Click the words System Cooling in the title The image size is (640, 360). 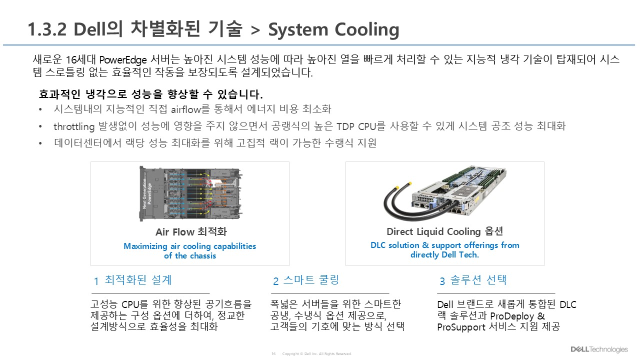coord(333,30)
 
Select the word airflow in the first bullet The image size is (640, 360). coord(185,109)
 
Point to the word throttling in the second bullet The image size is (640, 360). coord(74,126)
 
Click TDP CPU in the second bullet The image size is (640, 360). coord(356,126)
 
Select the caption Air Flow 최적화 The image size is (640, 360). coord(191,232)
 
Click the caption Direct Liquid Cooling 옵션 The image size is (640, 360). coord(444,231)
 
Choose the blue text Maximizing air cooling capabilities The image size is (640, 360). coord(189,246)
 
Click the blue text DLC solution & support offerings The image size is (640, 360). coord(444,245)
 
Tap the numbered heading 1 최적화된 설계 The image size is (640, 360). coord(133,280)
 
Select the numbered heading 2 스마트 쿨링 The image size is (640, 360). coord(306,280)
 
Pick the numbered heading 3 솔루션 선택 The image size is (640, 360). coord(473,280)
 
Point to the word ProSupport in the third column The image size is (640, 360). coord(461,327)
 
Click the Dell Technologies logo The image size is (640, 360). coord(599,349)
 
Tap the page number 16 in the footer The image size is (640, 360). coord(273,354)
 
